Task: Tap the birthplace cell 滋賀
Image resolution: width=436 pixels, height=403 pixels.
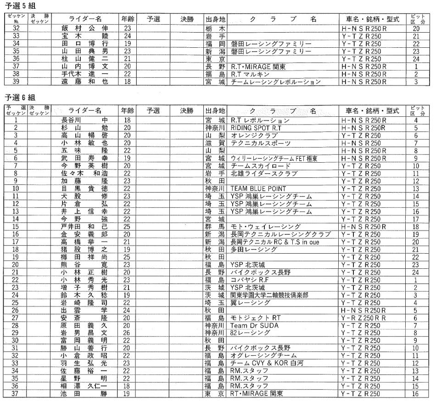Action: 215,143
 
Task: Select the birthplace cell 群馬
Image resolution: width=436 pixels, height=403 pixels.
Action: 215,227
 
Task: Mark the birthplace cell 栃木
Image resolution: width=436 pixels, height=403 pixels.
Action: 215,28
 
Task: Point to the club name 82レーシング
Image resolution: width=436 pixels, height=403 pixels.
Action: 251,333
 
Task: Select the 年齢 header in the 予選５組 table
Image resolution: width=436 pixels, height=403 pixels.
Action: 127,19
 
